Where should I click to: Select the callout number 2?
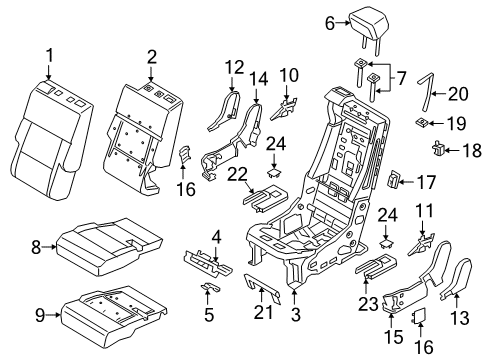click(x=152, y=56)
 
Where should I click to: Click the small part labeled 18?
click(x=439, y=151)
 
